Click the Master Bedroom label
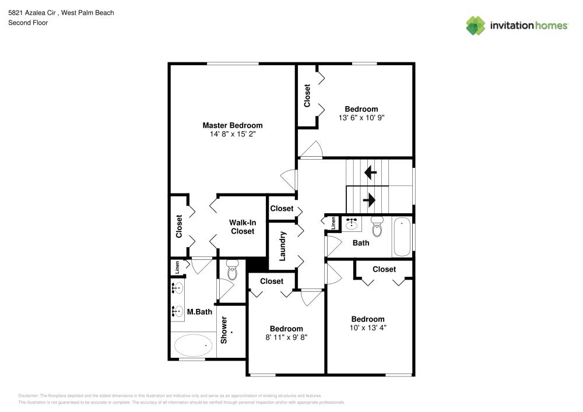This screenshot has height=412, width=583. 232,125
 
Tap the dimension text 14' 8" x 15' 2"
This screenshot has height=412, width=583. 232,134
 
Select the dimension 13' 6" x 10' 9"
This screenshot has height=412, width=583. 361,118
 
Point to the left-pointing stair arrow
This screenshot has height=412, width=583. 368,172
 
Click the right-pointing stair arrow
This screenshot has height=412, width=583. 368,200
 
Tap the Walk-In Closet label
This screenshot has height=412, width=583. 242,227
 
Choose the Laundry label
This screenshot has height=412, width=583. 282,246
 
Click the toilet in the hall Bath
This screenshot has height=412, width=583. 377,227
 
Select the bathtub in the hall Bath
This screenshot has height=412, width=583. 402,237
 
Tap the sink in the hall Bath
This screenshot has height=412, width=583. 351,223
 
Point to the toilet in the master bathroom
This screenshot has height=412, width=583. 232,270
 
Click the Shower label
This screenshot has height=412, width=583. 224,330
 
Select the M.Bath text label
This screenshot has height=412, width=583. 199,312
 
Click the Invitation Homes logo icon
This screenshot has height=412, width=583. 475,26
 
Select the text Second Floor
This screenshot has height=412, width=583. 28,23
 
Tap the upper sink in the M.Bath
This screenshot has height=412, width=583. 177,288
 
